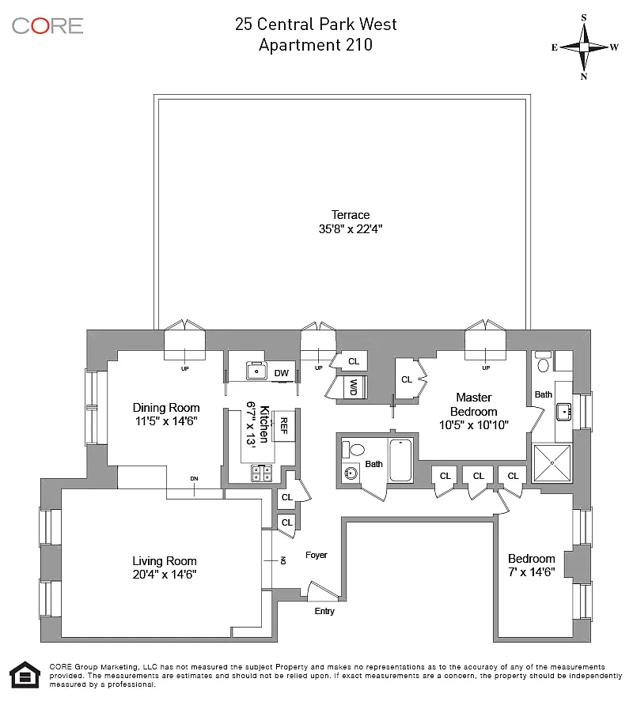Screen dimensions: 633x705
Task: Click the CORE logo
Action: pos(47,26)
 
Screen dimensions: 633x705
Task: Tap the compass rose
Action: pos(584,47)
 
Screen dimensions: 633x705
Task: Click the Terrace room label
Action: pos(351,214)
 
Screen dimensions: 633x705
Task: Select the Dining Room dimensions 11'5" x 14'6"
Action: pos(166,421)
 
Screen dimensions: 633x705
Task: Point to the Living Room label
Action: pos(165,560)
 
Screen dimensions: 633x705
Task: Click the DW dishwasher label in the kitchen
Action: pos(282,373)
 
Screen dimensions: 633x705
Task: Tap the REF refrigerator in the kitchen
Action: pos(284,426)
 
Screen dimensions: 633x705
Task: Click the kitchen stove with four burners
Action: pos(262,473)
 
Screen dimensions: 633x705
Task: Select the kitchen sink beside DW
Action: pos(256,371)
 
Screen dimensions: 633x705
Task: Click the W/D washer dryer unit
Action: pos(354,387)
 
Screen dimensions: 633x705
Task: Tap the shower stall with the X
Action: pos(552,463)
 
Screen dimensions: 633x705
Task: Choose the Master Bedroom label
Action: pos(474,404)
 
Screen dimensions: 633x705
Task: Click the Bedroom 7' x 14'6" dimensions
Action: pos(531,572)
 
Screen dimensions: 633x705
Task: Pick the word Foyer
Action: pos(316,555)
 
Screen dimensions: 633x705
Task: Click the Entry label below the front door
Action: pos(324,611)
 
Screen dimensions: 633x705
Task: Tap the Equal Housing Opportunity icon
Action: pos(25,674)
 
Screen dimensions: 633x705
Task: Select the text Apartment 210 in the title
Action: pos(316,44)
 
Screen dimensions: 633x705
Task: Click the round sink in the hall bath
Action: pos(351,473)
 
